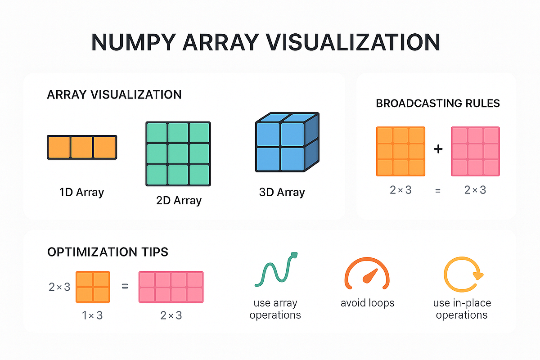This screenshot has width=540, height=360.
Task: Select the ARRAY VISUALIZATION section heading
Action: (x=114, y=95)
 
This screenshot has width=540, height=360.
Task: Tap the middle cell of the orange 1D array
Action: (x=82, y=147)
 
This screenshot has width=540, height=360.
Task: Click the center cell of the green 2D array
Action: (x=178, y=153)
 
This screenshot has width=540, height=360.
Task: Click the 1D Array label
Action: (x=81, y=193)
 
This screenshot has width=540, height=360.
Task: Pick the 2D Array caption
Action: (x=179, y=200)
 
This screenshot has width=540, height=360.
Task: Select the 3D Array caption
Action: (x=282, y=193)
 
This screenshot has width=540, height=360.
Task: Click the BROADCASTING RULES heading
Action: (x=438, y=103)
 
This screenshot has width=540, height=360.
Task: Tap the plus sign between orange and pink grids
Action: (x=438, y=149)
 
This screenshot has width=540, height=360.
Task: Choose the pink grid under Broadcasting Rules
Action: (x=475, y=152)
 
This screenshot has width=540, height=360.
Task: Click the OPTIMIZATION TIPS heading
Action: (x=108, y=252)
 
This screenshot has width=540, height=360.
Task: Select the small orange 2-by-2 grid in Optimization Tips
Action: (x=93, y=287)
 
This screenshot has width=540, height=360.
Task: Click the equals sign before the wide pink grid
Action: (x=125, y=286)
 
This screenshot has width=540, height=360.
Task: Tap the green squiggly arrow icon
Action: (x=276, y=270)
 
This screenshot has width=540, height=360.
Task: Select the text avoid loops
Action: (x=368, y=303)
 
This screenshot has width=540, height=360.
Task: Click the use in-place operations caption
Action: (x=462, y=309)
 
